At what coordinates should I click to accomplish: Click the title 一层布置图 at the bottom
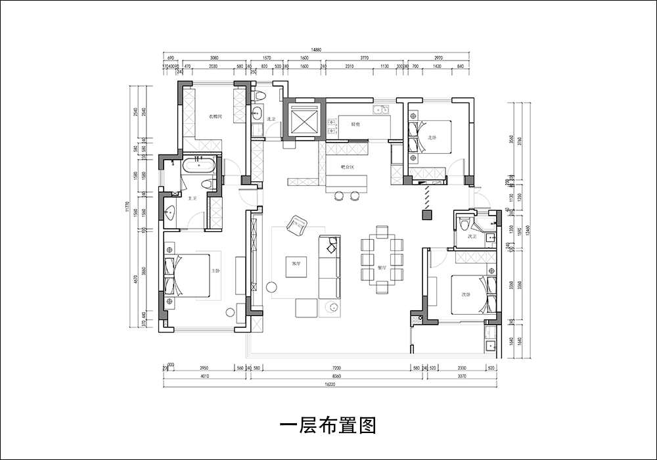328,426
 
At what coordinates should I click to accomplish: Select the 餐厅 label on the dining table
382,268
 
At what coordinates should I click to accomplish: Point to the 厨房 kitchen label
355,124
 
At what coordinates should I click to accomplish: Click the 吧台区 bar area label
348,168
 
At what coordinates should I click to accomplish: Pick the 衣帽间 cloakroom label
215,116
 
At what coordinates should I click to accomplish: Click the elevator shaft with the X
304,120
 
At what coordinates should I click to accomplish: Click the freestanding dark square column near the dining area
426,214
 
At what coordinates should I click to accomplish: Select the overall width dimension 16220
327,385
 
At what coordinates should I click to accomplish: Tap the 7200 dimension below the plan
336,368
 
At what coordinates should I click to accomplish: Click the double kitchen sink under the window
382,110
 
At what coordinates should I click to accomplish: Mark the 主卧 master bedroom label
215,271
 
